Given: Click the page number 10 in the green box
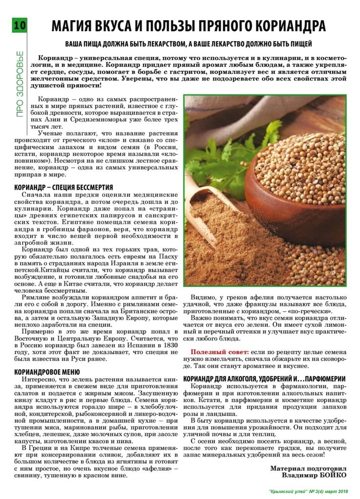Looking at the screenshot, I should pyautogui.click(x=20, y=25).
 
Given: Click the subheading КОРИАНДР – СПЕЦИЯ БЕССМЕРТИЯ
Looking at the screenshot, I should pyautogui.click(x=64, y=187).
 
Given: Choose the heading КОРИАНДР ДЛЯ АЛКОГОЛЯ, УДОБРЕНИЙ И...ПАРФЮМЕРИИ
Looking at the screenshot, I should pyautogui.click(x=264, y=379).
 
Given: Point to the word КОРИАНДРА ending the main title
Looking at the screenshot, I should pyautogui.click(x=295, y=26).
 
